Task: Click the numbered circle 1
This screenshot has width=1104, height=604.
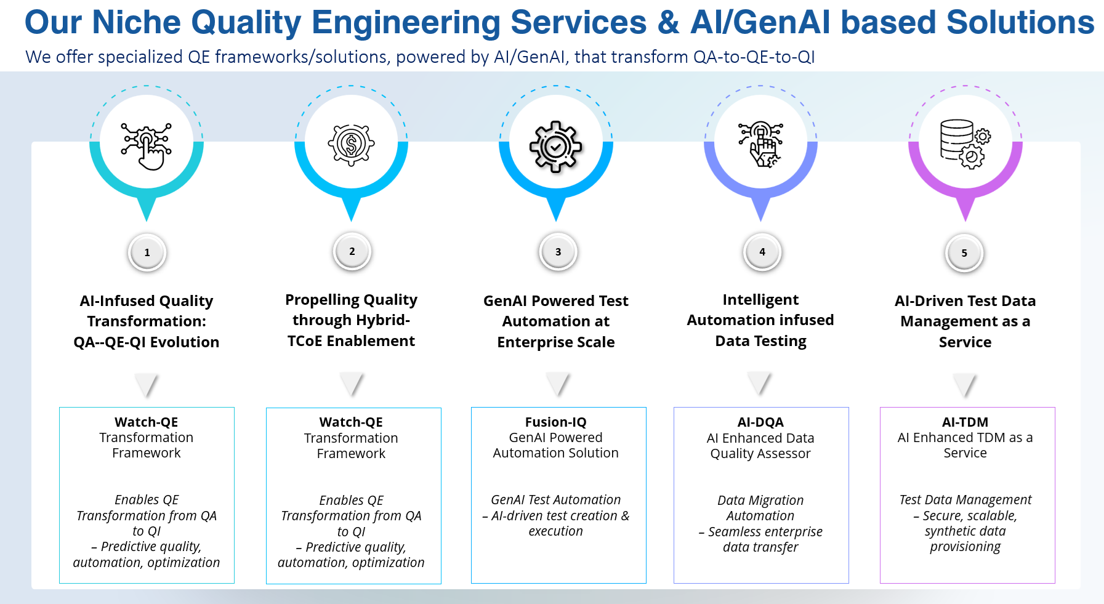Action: tap(147, 252)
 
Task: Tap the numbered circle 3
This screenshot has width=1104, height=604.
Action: tap(558, 252)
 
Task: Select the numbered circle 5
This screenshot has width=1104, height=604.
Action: tap(964, 253)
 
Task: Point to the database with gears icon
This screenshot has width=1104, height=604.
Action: tap(965, 144)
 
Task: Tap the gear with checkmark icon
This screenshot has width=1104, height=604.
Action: tap(556, 147)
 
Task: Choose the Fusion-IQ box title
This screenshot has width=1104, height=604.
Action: tap(556, 422)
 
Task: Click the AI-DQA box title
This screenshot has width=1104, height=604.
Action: tap(760, 422)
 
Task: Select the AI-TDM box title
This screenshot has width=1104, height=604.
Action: tap(965, 422)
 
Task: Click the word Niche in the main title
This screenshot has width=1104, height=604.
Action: tap(135, 22)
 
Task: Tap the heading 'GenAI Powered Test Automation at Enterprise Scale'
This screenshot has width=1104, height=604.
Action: tap(556, 321)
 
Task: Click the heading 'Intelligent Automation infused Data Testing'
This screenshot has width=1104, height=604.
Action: tap(760, 320)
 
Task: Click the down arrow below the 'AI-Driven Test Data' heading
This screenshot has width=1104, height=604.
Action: tap(965, 385)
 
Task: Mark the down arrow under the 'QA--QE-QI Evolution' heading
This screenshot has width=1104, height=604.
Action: tap(147, 385)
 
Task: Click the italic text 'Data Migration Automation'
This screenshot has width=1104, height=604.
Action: tap(760, 508)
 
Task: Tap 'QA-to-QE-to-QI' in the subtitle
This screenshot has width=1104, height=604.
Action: tap(754, 57)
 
